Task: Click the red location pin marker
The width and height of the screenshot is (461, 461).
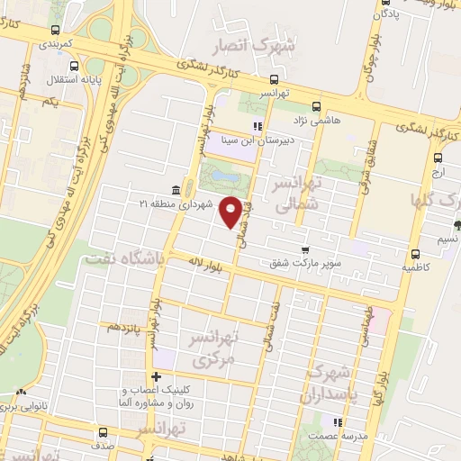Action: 231,211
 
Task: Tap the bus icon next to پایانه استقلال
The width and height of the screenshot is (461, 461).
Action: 75,66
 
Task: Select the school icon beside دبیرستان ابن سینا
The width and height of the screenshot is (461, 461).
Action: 258,126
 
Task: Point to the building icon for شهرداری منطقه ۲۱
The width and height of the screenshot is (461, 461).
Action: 174,190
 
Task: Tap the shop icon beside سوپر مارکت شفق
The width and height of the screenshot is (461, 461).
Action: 304,249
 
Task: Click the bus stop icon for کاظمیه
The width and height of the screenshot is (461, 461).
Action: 414,254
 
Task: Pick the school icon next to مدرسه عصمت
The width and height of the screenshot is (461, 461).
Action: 338,420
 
